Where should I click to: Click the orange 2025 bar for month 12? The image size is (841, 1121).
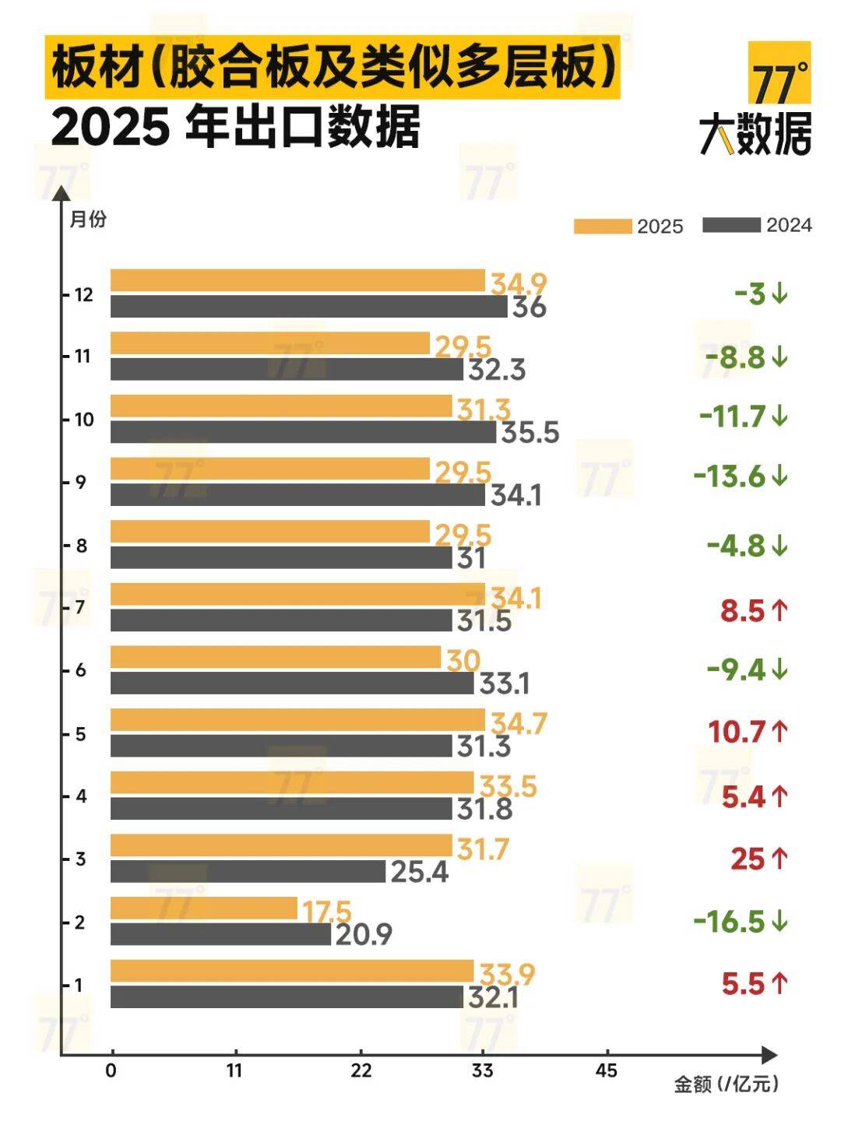(297, 280)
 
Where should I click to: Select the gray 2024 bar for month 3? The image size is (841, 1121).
(248, 871)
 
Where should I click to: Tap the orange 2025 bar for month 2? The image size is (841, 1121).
(204, 908)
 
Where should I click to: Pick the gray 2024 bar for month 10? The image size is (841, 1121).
(303, 432)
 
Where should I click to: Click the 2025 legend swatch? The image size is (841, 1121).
(603, 226)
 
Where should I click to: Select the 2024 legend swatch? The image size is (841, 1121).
(731, 225)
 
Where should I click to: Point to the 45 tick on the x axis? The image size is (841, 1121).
(606, 1070)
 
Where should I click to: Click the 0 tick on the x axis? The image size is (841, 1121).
(111, 1070)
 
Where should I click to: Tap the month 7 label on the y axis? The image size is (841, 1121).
(80, 607)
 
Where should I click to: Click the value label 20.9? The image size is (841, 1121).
(364, 933)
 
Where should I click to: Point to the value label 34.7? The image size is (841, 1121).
(519, 724)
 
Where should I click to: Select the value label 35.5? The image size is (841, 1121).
(530, 432)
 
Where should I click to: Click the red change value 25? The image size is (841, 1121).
(748, 859)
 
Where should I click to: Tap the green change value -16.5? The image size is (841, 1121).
(730, 922)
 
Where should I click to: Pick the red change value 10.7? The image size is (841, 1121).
(737, 732)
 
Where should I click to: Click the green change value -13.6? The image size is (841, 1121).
(730, 476)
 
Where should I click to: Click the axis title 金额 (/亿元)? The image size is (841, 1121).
(726, 1084)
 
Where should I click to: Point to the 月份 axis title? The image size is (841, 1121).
(88, 220)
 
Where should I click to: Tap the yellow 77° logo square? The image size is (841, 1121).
(779, 73)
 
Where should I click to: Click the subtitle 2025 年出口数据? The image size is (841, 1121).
(236, 127)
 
